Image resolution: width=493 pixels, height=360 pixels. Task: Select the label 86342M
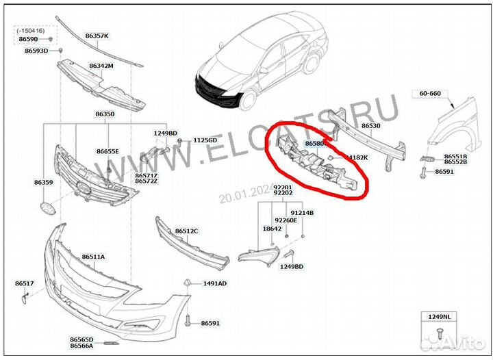pyautogui.click(x=101, y=66)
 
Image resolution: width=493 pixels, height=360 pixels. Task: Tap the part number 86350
pyautogui.click(x=105, y=114)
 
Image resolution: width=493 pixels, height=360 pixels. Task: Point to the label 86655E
pyautogui.click(x=108, y=151)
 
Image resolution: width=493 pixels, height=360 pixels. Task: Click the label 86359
pyautogui.click(x=43, y=183)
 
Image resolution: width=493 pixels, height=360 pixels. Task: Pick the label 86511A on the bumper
pyautogui.click(x=93, y=257)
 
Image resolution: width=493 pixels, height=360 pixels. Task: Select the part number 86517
pyautogui.click(x=25, y=283)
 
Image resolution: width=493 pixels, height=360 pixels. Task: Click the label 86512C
pyautogui.click(x=186, y=231)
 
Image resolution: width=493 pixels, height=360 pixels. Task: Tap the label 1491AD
pyautogui.click(x=215, y=283)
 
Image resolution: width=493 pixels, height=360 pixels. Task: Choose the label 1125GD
pyautogui.click(x=205, y=140)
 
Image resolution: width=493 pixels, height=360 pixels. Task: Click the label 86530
pyautogui.click(x=370, y=126)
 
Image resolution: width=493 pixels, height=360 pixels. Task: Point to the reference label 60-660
pyautogui.click(x=430, y=93)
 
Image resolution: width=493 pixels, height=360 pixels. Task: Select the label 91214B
pyautogui.click(x=302, y=213)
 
